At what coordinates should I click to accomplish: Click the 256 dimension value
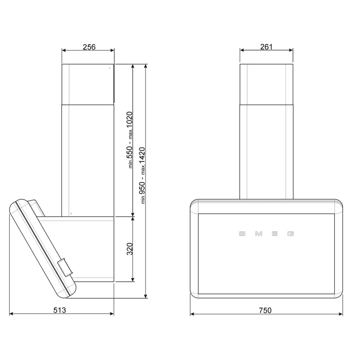pyautogui.click(x=89, y=47)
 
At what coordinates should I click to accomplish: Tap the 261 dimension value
pyautogui.click(x=266, y=46)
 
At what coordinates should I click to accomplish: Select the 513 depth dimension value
pyautogui.click(x=60, y=310)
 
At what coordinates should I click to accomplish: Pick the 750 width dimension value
pyautogui.click(x=265, y=310)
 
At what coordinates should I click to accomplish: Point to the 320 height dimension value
pyautogui.click(x=130, y=249)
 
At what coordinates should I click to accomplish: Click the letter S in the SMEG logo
pyautogui.click(x=242, y=234)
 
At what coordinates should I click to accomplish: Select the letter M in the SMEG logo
pyautogui.click(x=258, y=234)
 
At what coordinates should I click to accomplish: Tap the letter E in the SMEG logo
pyautogui.click(x=275, y=234)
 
